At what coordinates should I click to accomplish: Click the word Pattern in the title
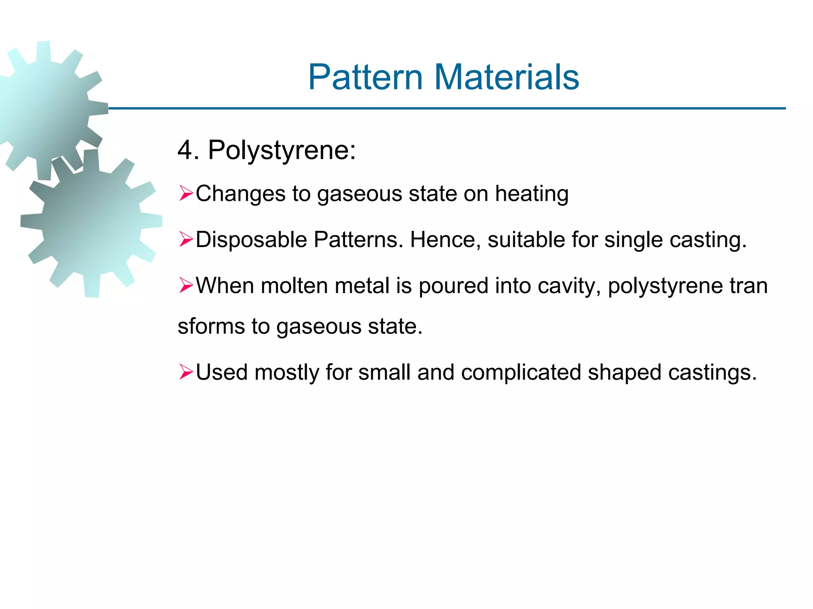(x=365, y=77)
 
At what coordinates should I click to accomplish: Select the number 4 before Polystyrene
(x=185, y=151)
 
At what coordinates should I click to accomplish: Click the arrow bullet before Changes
(x=186, y=193)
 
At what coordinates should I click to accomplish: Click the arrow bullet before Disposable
(x=186, y=239)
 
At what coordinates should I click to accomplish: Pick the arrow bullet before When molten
(x=186, y=285)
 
